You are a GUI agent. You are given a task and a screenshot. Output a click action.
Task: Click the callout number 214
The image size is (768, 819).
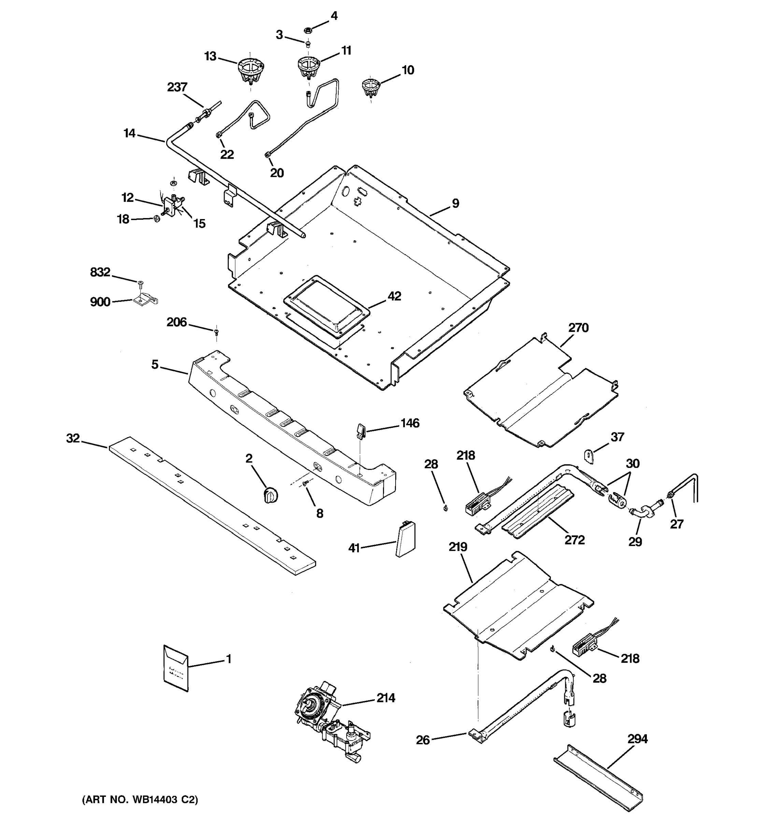pyautogui.click(x=386, y=698)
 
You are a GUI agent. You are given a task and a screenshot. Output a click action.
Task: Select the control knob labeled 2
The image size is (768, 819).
pyautogui.click(x=270, y=493)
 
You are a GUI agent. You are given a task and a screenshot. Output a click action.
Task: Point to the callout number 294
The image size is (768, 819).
pyautogui.click(x=637, y=739)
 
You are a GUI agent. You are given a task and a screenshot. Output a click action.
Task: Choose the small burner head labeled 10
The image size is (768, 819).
pyautogui.click(x=371, y=88)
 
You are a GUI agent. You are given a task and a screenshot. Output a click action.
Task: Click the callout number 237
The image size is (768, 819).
pyautogui.click(x=177, y=87)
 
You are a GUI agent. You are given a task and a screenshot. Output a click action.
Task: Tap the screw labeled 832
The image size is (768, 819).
pyautogui.click(x=141, y=284)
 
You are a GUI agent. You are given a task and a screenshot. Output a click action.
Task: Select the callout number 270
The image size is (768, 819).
pyautogui.click(x=578, y=328)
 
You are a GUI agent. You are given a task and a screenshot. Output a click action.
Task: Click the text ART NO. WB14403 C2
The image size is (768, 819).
pyautogui.click(x=140, y=800)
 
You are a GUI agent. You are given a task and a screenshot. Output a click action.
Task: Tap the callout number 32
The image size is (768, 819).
pyautogui.click(x=73, y=439)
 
